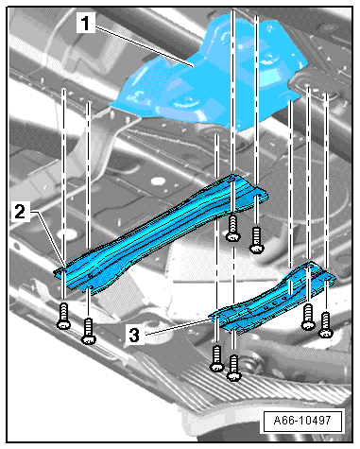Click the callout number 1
[x=85, y=24]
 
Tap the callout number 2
[x=20, y=211]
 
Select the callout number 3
[x=134, y=335]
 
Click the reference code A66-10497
[x=302, y=421]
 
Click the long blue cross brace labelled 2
[x=161, y=233]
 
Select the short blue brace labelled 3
[x=271, y=296]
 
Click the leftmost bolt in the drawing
[x=63, y=316]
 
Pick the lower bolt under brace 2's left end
[x=89, y=332]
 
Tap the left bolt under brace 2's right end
[x=233, y=228]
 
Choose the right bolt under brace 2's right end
[x=257, y=241]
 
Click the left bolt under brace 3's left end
[x=217, y=358]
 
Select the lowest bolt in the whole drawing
[x=233, y=368]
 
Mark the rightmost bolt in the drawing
[x=326, y=325]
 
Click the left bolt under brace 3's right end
[x=308, y=317]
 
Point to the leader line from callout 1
[x=145, y=46]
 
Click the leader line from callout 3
[x=179, y=327]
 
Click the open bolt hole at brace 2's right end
[x=257, y=197]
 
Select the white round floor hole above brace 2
[x=158, y=181]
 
